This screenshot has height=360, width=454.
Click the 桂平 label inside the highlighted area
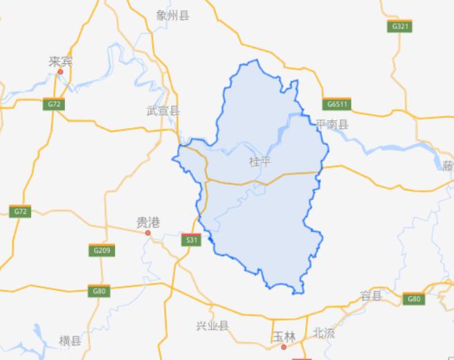point(260,161)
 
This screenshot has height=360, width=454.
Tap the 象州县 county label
point(172,15)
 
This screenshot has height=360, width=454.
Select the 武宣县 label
point(163,110)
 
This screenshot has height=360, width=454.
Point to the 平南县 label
point(332,124)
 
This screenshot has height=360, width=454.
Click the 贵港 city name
point(147,222)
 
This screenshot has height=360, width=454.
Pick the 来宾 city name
point(60,62)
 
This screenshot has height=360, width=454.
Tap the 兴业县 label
point(212,325)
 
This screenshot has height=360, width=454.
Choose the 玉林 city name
point(284,336)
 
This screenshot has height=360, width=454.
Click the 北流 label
point(324,333)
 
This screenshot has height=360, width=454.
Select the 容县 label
point(371,296)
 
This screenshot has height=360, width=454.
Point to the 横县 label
point(70,340)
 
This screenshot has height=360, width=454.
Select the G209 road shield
point(100,249)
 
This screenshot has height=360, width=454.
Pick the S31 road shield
point(191,240)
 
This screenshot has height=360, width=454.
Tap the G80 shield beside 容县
point(414,298)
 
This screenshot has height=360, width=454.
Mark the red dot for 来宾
point(60,71)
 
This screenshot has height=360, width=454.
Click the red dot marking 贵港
point(147,233)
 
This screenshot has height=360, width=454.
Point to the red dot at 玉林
point(284,345)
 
